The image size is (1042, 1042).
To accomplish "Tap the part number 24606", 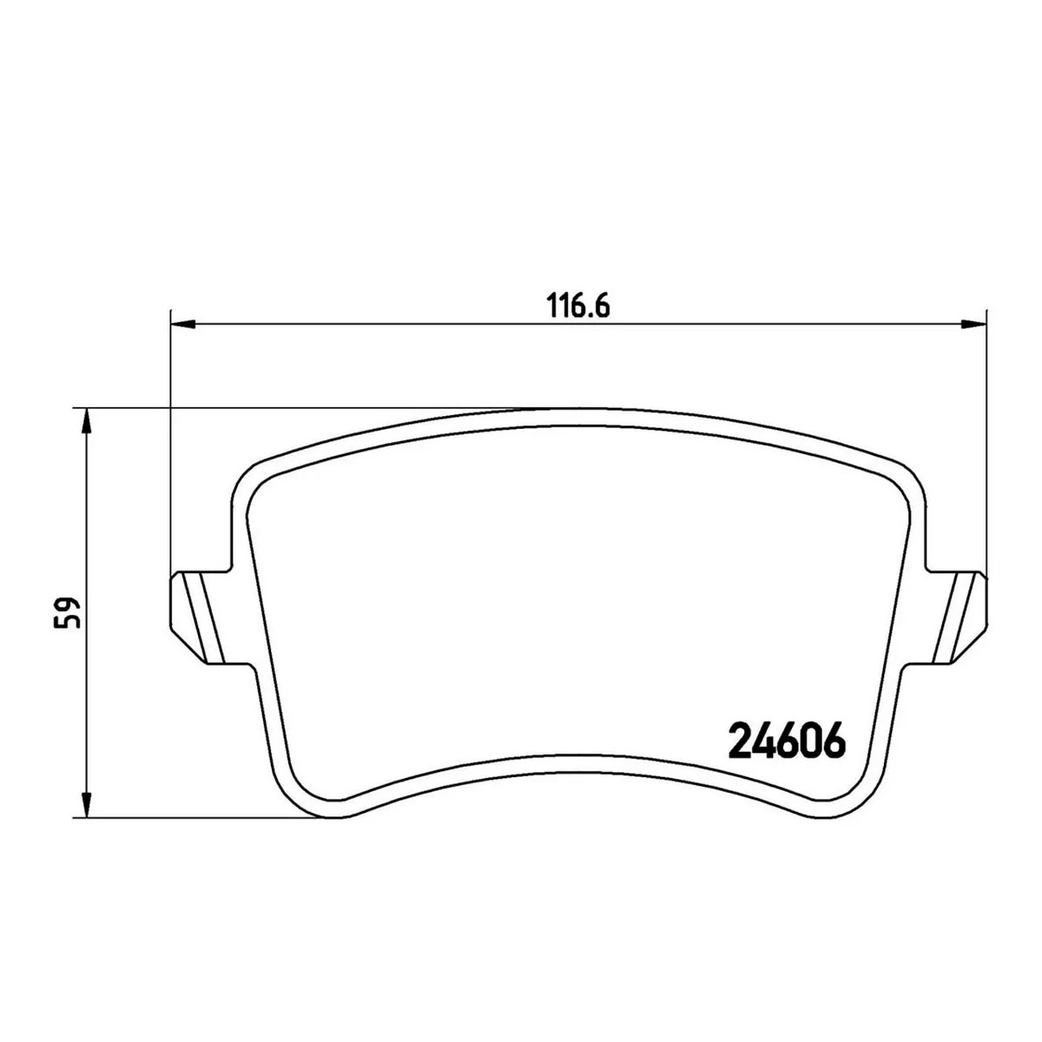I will click(x=787, y=742).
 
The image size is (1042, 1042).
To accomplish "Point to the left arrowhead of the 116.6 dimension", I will click(x=181, y=326).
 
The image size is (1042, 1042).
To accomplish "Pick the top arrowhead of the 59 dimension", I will click(x=85, y=421).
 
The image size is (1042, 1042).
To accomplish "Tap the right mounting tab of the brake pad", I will click(x=962, y=617).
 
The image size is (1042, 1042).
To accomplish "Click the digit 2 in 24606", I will click(x=738, y=742).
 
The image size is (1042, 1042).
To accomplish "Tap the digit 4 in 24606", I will click(x=762, y=742).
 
